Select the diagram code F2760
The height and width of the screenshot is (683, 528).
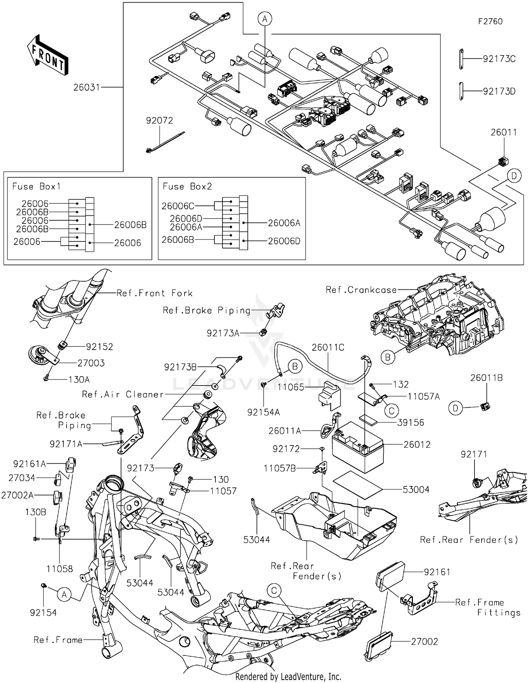pyautogui.click(x=490, y=21)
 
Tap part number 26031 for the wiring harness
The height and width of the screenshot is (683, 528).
pyautogui.click(x=87, y=87)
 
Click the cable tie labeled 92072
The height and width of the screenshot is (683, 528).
pyautogui.click(x=165, y=142)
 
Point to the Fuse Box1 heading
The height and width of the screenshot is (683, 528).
pyautogui.click(x=36, y=186)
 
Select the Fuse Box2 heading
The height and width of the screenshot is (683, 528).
pyautogui.click(x=187, y=186)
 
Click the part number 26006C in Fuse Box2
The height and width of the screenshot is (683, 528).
pyautogui.click(x=178, y=206)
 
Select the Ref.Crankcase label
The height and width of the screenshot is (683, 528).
pyautogui.click(x=361, y=290)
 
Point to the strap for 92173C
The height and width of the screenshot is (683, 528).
pyautogui.click(x=461, y=59)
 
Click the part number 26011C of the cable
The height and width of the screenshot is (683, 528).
pyautogui.click(x=328, y=347)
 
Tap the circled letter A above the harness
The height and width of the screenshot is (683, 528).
pyautogui.click(x=265, y=19)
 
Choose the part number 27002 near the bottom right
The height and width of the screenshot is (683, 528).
pyautogui.click(x=424, y=641)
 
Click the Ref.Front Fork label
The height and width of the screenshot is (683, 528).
pyautogui.click(x=154, y=293)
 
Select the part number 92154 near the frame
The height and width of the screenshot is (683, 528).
pyautogui.click(x=43, y=613)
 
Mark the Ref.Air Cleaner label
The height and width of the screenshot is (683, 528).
pyautogui.click(x=123, y=394)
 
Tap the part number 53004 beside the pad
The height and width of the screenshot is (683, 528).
pyautogui.click(x=416, y=490)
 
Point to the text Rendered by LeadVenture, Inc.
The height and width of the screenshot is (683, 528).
pyautogui.click(x=288, y=676)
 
